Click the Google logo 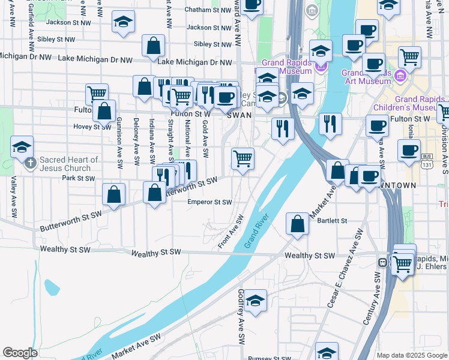pos(20,353)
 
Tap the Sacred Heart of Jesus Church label pos(68,164)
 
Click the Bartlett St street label pos(333,221)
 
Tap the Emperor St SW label pos(209,202)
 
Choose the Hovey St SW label pos(92,127)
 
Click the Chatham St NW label pos(205,10)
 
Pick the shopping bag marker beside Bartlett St pos(297,224)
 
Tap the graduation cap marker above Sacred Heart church pos(22,146)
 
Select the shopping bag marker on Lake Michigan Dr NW pos(153,46)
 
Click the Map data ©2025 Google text pos(411,355)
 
